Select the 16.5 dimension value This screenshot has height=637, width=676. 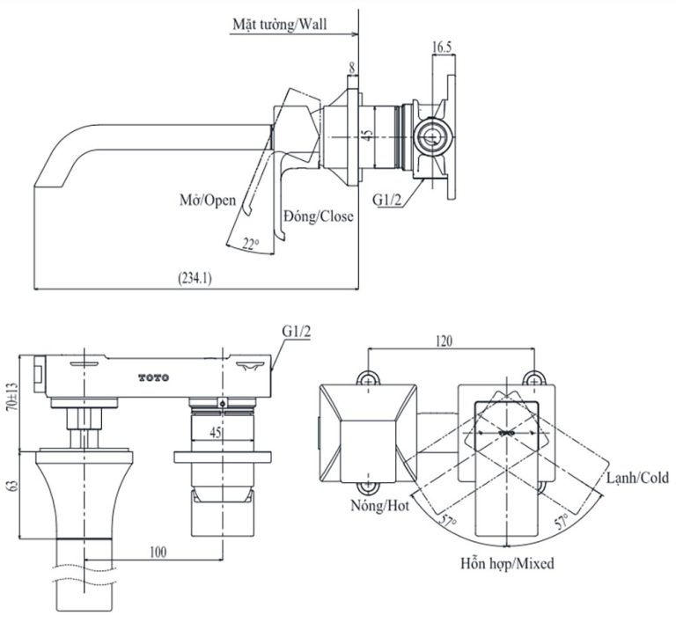click(442, 48)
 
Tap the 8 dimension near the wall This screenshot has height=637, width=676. click(352, 67)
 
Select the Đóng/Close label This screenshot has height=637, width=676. click(318, 216)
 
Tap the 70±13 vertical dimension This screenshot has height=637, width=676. click(11, 395)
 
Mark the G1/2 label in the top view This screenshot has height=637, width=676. click(388, 200)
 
